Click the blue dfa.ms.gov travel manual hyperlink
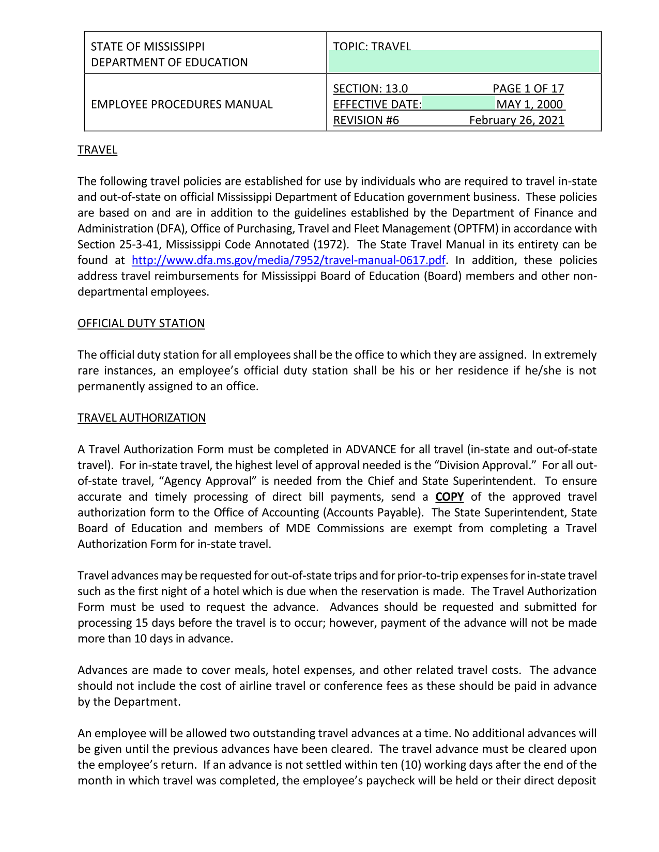[x=288, y=260]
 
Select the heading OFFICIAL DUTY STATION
[x=141, y=323]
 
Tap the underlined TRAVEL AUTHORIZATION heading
[x=142, y=418]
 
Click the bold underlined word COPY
[x=449, y=497]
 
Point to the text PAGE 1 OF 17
[x=528, y=89]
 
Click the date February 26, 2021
[x=516, y=120]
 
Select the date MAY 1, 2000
[x=529, y=104]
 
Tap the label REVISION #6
[x=366, y=120]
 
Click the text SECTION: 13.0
[x=370, y=89]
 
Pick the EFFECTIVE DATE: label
[x=377, y=104]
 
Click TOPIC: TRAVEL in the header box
[x=372, y=47]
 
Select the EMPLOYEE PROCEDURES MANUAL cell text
[x=181, y=104]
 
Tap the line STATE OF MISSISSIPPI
[x=148, y=47]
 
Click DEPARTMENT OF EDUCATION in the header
[x=169, y=63]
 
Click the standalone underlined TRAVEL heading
[x=97, y=150]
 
